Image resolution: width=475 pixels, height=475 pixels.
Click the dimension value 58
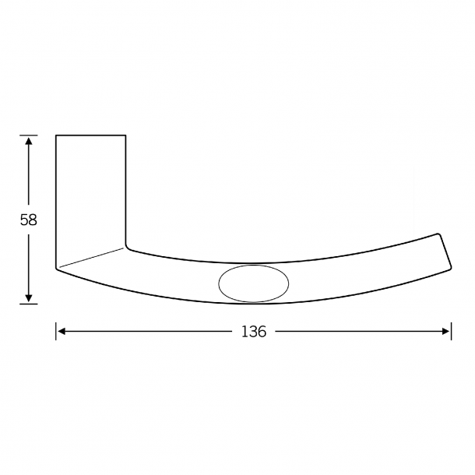(x=29, y=220)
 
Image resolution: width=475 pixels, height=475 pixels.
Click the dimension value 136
(x=254, y=332)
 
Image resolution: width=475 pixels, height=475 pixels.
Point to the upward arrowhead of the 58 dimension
(x=29, y=141)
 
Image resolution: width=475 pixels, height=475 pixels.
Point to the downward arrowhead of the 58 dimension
(x=29, y=297)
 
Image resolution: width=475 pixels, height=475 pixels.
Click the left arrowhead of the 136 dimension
(x=62, y=332)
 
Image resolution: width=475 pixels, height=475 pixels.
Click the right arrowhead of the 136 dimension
(x=446, y=332)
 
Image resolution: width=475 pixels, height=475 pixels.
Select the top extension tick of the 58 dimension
(x=29, y=135)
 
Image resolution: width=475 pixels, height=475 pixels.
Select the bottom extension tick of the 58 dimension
(x=29, y=304)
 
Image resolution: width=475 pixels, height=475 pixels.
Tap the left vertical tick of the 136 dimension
(x=56, y=332)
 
